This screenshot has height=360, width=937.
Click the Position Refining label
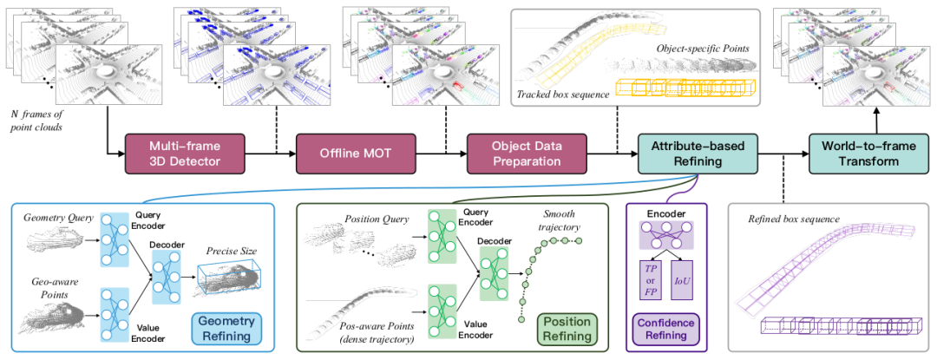(568, 328)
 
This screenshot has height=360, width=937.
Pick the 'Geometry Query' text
(57, 218)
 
